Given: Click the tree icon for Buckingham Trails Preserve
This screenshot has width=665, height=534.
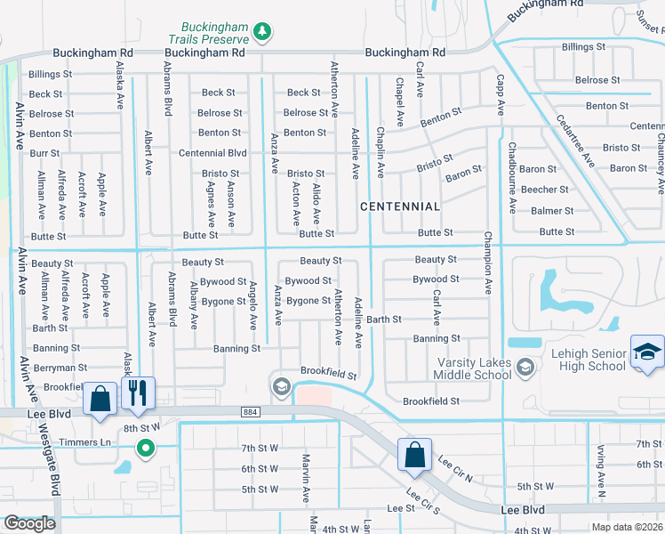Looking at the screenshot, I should [261, 33].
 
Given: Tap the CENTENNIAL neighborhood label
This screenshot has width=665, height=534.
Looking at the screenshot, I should [400, 206].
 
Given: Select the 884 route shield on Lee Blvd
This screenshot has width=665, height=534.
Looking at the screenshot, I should [252, 411].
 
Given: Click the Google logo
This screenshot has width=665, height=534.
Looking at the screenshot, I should [28, 523].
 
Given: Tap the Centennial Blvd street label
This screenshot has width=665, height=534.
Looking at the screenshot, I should [212, 153].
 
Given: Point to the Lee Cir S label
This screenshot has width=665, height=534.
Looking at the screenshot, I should [423, 504].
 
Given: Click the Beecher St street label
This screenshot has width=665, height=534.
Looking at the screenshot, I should [544, 190].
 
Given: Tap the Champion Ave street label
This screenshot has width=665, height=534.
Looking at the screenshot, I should [487, 263].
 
